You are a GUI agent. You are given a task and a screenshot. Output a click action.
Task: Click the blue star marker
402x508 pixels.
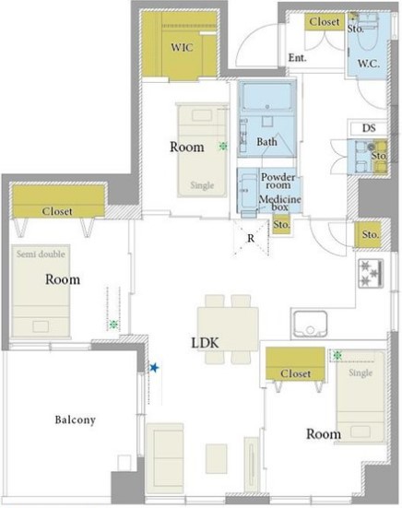click(154, 368)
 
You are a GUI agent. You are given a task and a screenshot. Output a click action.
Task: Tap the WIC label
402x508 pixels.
click(182, 48)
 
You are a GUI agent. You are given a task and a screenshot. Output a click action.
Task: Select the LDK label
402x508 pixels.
click(205, 343)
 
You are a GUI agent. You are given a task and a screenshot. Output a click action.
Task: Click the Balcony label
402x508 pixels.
click(76, 419)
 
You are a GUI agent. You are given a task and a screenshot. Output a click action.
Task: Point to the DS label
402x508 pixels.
click(369, 128)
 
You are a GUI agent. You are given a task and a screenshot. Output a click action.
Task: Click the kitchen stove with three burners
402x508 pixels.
click(371, 274)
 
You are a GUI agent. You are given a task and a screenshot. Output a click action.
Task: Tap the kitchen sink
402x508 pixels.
click(310, 324)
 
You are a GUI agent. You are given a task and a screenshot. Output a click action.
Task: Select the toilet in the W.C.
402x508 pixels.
click(369, 32)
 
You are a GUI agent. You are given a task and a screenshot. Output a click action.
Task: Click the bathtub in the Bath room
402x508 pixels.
click(266, 97)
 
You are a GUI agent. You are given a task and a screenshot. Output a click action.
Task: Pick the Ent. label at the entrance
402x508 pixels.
click(298, 58)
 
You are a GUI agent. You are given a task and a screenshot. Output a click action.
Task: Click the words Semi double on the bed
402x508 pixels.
click(41, 254)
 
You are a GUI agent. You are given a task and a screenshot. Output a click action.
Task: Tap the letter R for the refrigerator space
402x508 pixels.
click(251, 238)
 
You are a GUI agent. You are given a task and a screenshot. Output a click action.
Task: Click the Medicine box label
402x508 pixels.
click(280, 203)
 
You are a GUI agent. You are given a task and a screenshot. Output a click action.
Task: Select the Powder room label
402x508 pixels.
click(278, 181)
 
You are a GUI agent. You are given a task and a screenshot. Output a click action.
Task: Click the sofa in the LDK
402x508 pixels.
click(165, 455)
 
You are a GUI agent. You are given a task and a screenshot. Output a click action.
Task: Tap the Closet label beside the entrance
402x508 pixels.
click(325, 22)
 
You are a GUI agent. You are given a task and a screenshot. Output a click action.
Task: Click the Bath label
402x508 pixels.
click(266, 142)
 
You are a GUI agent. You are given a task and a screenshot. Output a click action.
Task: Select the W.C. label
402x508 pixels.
click(369, 64)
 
